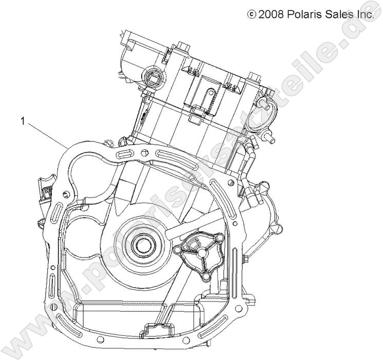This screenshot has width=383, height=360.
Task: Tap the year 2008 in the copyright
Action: [x=272, y=14]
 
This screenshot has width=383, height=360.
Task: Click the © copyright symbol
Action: [x=252, y=15]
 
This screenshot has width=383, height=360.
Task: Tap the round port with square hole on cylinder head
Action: [x=152, y=77]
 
